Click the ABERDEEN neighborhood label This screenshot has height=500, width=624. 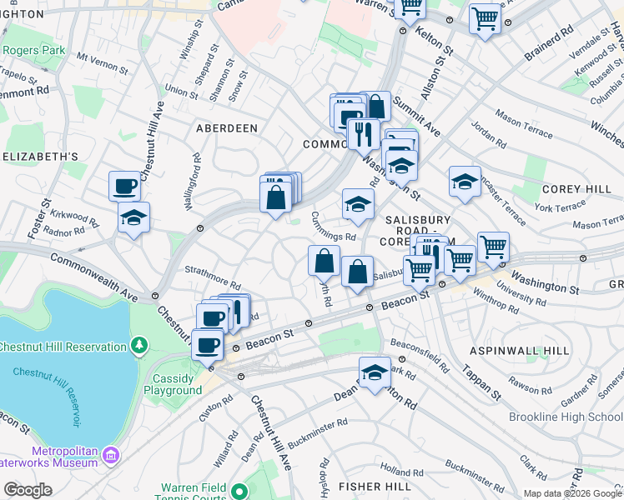click(x=226, y=128)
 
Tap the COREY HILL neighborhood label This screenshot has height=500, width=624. click(x=576, y=190)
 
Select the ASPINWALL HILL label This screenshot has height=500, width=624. click(x=519, y=352)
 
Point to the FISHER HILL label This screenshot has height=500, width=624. click(x=372, y=486)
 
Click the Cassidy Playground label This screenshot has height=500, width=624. click(x=173, y=384)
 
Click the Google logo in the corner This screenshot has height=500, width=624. click(x=28, y=490)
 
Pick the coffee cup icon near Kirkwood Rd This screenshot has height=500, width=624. click(x=125, y=185)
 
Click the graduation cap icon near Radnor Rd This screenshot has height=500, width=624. click(x=133, y=217)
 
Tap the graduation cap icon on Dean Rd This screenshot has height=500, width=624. click(x=375, y=372)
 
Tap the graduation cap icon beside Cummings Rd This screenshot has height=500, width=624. click(x=358, y=204)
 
